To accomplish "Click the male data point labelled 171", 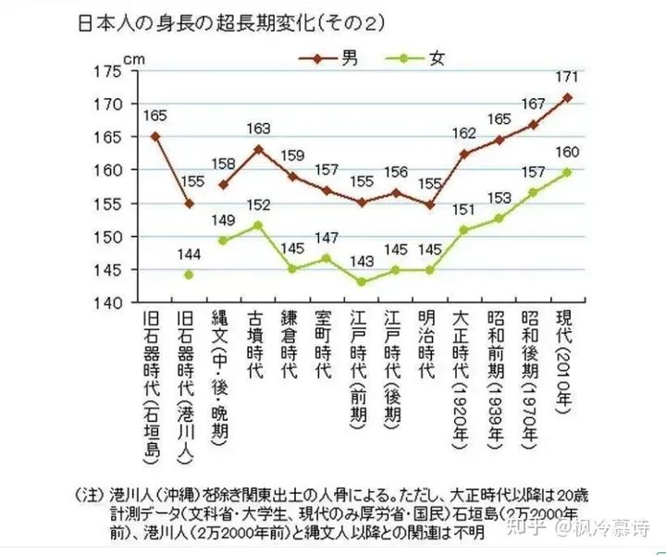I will tap(567, 97).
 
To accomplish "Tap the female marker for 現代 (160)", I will tap(567, 171).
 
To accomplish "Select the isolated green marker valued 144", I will tap(189, 274).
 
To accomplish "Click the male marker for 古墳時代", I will tap(258, 149).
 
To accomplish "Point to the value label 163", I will tap(258, 129).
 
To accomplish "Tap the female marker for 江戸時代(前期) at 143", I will tap(362, 282).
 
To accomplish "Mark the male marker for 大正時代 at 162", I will tap(464, 154).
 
